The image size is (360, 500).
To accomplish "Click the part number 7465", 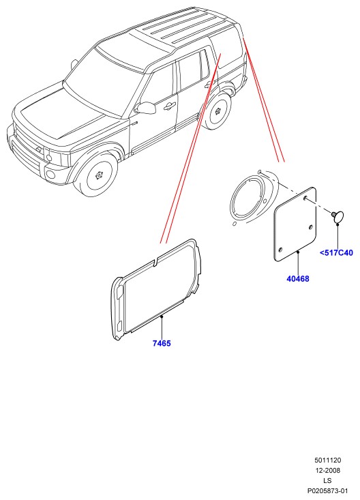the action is pos(162,343).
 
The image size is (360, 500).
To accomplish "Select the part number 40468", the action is pos(298,279).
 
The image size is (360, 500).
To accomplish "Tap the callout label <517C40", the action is pos(336,253).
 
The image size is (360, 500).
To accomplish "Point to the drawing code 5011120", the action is pos(327,460).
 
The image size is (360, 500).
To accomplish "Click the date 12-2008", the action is pos(328,471).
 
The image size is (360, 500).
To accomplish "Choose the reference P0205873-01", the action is pos(327,490).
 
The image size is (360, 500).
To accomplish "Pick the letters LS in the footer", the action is pos(327,480).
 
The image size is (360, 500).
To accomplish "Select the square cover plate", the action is pos(296,224).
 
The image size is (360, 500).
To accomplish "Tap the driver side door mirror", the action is pos(146,108).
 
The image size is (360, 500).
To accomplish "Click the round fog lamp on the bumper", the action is pos(50,175).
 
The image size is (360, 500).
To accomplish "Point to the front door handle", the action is pos(170,106).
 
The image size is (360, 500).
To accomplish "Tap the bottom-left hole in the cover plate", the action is pos(281,250).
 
